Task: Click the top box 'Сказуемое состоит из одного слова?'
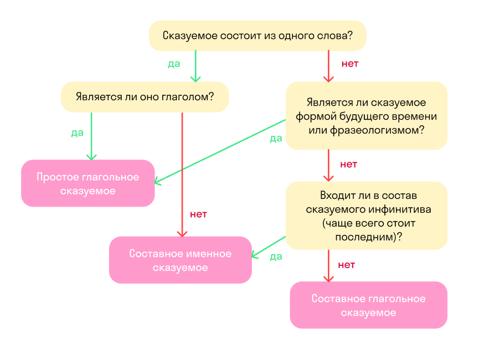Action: (x=258, y=36)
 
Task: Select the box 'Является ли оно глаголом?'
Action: (x=145, y=97)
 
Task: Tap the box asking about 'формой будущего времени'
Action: (x=366, y=116)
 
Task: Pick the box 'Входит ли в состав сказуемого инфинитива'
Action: (x=366, y=216)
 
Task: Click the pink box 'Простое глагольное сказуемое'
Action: (x=87, y=184)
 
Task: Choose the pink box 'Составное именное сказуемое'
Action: (x=180, y=260)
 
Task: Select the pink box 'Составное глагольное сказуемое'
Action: (x=368, y=305)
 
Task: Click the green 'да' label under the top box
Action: (x=174, y=64)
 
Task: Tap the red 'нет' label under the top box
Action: (x=350, y=64)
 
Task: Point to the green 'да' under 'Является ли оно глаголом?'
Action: (x=77, y=133)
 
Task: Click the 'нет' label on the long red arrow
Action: (x=198, y=214)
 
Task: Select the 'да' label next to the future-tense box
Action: (x=276, y=138)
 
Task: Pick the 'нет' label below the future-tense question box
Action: (x=348, y=164)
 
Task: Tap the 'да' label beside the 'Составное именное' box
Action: (x=276, y=256)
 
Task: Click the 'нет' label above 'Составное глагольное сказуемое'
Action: (x=346, y=265)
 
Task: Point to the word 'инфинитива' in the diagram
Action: (x=397, y=210)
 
